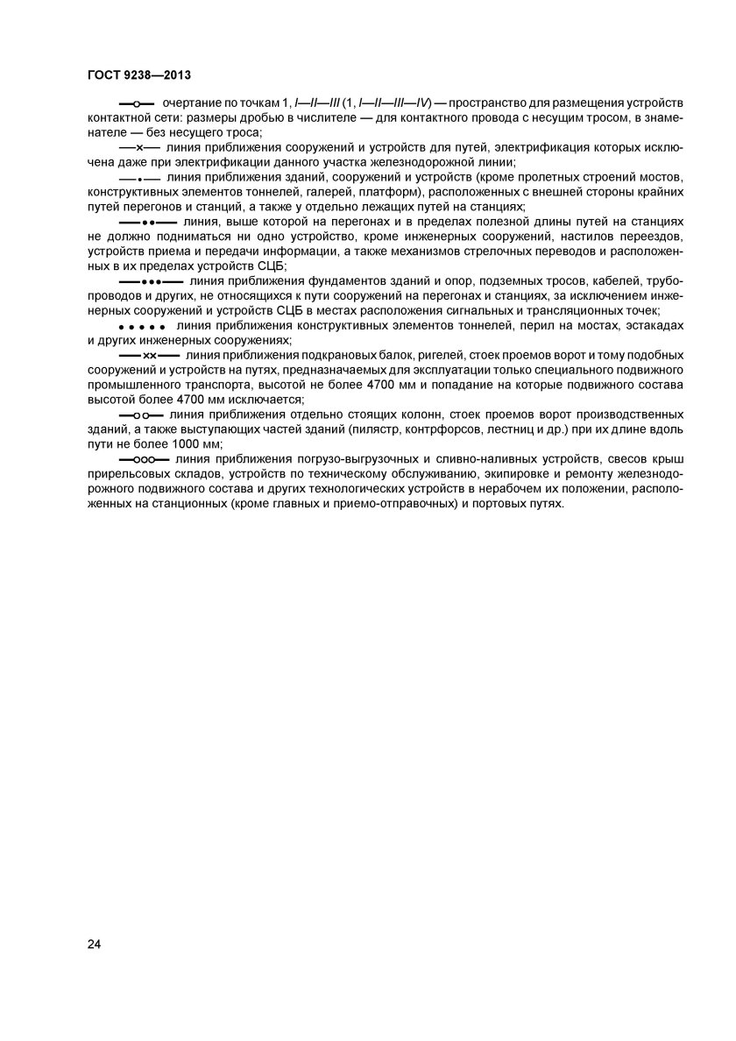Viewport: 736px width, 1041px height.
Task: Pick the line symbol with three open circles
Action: [144, 458]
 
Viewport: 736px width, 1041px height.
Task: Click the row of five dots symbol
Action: [140, 327]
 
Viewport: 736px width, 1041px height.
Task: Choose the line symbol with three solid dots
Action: [148, 282]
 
